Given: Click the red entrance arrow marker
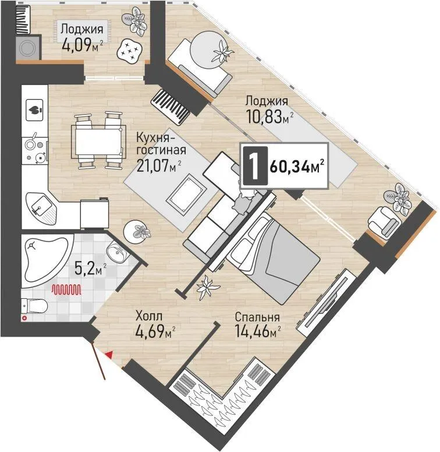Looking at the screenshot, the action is tap(109, 355).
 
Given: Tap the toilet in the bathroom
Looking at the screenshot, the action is tap(34, 306).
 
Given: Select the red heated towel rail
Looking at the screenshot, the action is tap(66, 289).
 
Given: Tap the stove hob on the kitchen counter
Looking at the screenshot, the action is tap(36, 150).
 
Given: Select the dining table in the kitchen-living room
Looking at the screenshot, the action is tap(98, 140).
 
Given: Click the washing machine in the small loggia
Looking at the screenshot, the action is tap(28, 48).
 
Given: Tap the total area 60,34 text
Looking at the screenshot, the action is tap(297, 167).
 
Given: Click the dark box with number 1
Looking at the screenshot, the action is tap(256, 166).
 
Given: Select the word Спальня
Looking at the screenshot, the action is tap(257, 317).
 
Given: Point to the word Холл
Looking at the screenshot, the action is tap(149, 316).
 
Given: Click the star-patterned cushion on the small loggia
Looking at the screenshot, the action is tap(129, 51).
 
